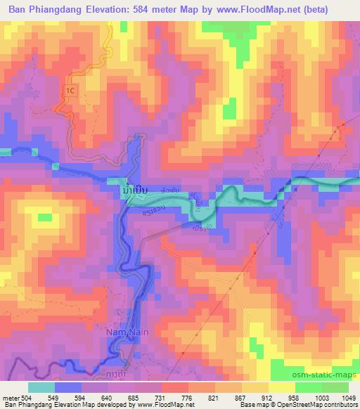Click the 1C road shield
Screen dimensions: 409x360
[69, 91]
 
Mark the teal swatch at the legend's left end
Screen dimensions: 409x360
[41, 387]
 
